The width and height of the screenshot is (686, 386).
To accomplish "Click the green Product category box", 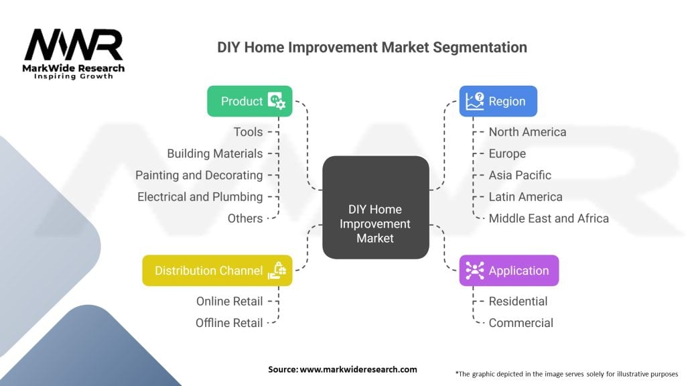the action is click(x=249, y=101).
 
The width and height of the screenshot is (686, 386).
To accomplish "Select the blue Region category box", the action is click(x=498, y=101).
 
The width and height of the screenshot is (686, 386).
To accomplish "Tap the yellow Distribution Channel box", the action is click(x=217, y=271).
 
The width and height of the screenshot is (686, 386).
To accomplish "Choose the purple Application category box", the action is click(x=509, y=271).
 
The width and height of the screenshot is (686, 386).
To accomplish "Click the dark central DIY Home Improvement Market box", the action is click(x=375, y=208).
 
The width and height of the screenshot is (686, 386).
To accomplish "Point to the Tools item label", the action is click(x=248, y=132).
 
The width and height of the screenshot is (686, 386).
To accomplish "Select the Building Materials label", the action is click(x=215, y=153).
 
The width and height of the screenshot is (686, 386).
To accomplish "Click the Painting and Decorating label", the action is click(x=199, y=175).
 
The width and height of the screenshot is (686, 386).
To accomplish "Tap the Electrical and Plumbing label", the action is click(x=200, y=197).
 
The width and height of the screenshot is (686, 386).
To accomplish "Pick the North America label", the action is click(x=527, y=132).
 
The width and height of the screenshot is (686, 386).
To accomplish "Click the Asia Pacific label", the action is click(x=520, y=175).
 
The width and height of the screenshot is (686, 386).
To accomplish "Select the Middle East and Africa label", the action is click(x=549, y=218).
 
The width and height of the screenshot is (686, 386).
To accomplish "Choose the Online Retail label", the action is click(x=229, y=301).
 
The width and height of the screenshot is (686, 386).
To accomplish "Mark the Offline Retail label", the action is click(x=229, y=323).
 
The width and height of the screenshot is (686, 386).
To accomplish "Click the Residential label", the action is click(x=518, y=301).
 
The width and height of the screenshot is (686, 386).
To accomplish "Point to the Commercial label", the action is click(x=521, y=323).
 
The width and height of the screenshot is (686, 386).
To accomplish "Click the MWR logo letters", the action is click(x=74, y=45).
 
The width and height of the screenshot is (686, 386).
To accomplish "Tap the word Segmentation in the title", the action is click(x=480, y=48).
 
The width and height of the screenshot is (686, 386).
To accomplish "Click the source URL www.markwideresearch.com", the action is click(x=358, y=369).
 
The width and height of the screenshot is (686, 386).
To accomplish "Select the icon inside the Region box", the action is click(x=475, y=101).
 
